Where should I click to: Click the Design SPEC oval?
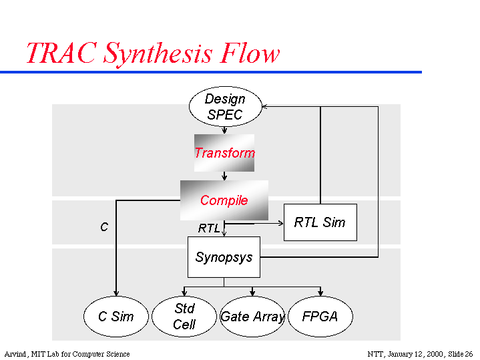(x=225, y=107)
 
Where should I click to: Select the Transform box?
(x=224, y=153)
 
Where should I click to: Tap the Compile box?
(x=224, y=200)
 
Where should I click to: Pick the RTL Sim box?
(x=320, y=222)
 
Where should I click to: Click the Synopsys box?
(x=224, y=257)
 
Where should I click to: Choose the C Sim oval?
(x=115, y=317)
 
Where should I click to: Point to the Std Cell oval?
(x=184, y=317)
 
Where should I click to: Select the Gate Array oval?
(x=252, y=317)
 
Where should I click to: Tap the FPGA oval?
(x=320, y=317)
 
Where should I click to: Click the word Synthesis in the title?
(x=162, y=53)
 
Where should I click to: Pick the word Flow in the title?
(x=253, y=53)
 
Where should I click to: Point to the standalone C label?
(x=104, y=227)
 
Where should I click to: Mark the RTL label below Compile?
(x=208, y=228)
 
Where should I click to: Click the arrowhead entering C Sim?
(x=116, y=293)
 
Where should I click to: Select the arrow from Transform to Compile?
(x=224, y=176)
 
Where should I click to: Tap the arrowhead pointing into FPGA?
(x=320, y=293)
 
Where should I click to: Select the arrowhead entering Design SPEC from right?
(x=264, y=106)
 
